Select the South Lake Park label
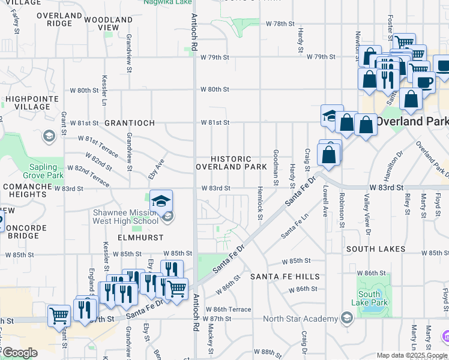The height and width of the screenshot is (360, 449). pyautogui.click(x=369, y=298)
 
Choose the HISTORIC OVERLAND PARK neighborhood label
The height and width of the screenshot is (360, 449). pyautogui.click(x=231, y=163)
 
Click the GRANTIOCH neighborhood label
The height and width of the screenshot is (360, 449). pyautogui.click(x=130, y=123)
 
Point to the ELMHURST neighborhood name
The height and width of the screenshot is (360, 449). pyautogui.click(x=124, y=238)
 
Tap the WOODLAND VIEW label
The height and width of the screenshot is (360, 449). pyautogui.click(x=109, y=23)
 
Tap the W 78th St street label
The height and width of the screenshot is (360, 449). pyautogui.click(x=280, y=24)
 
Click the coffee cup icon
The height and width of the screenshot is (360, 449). pyautogui.click(x=424, y=82)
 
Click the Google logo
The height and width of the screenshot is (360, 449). pyautogui.click(x=20, y=353)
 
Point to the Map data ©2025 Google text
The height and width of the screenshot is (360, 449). pyautogui.click(x=411, y=355)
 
